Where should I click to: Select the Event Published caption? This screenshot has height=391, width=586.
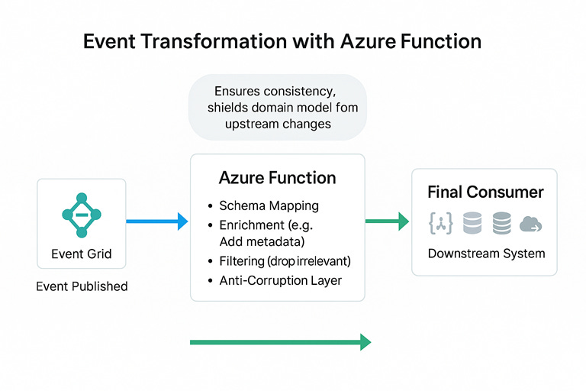pyautogui.click(x=82, y=287)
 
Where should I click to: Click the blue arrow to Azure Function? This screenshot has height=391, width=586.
pyautogui.click(x=156, y=221)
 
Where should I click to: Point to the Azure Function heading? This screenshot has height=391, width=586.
pyautogui.click(x=277, y=178)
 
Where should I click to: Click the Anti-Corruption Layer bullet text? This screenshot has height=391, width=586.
pyautogui.click(x=280, y=280)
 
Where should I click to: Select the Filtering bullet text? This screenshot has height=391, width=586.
pyautogui.click(x=284, y=261)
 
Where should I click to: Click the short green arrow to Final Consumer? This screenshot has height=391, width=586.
pyautogui.click(x=388, y=221)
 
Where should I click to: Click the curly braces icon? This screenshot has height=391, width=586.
pyautogui.click(x=442, y=223)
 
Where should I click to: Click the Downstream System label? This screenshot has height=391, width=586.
pyautogui.click(x=486, y=254)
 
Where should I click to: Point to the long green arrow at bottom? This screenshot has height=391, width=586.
pyautogui.click(x=280, y=341)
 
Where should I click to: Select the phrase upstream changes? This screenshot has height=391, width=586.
pyautogui.click(x=278, y=124)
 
